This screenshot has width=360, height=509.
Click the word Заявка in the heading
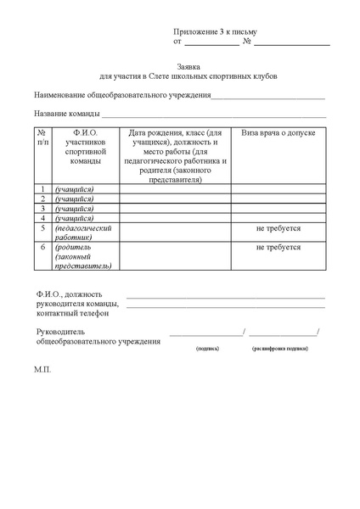click(x=188, y=66)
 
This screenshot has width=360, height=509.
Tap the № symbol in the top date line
click(x=246, y=41)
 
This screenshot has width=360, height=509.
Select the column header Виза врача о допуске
click(x=278, y=133)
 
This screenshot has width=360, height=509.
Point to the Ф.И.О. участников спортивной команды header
click(x=84, y=147)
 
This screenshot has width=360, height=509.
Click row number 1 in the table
click(x=42, y=188)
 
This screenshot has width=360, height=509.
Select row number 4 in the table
click(x=42, y=218)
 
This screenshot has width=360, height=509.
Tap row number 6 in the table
click(x=42, y=247)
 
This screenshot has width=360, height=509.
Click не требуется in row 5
click(x=278, y=228)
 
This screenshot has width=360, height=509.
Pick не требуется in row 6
click(x=278, y=247)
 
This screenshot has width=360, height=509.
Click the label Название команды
click(x=67, y=114)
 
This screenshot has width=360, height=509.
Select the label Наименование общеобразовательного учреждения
click(x=122, y=95)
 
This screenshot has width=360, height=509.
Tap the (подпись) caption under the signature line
click(x=207, y=349)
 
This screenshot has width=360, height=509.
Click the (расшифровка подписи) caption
click(x=279, y=349)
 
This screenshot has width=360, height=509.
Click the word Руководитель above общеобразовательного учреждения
click(x=58, y=332)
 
